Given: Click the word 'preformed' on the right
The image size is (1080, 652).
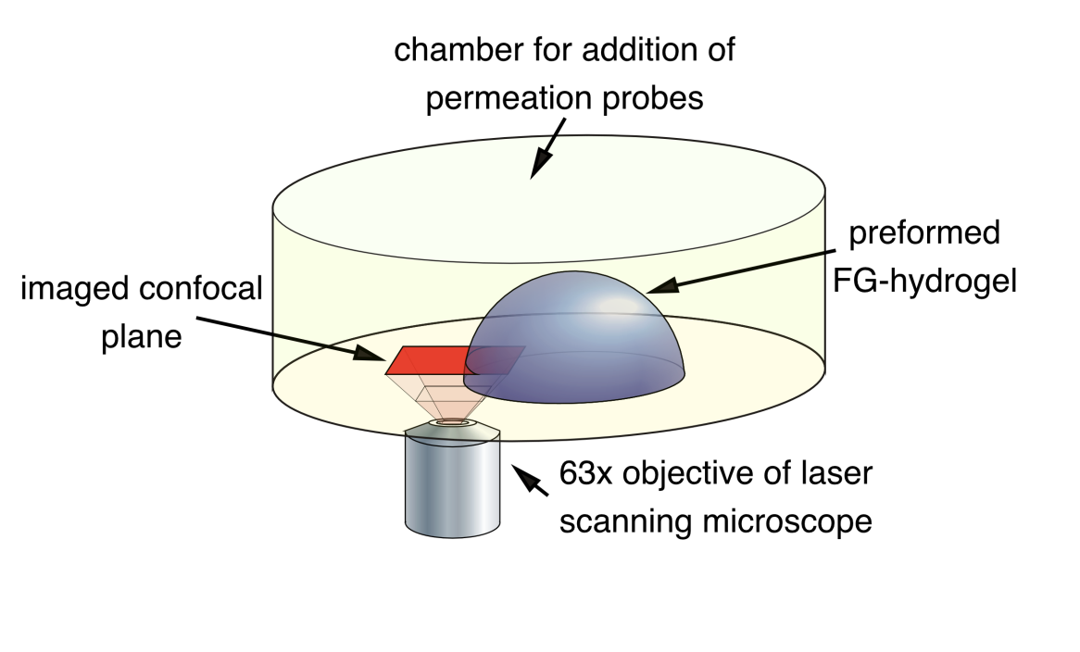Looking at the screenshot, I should point(924,232).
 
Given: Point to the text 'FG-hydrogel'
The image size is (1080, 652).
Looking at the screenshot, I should point(931,280).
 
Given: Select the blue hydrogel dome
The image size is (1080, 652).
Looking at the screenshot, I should point(584,343).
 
